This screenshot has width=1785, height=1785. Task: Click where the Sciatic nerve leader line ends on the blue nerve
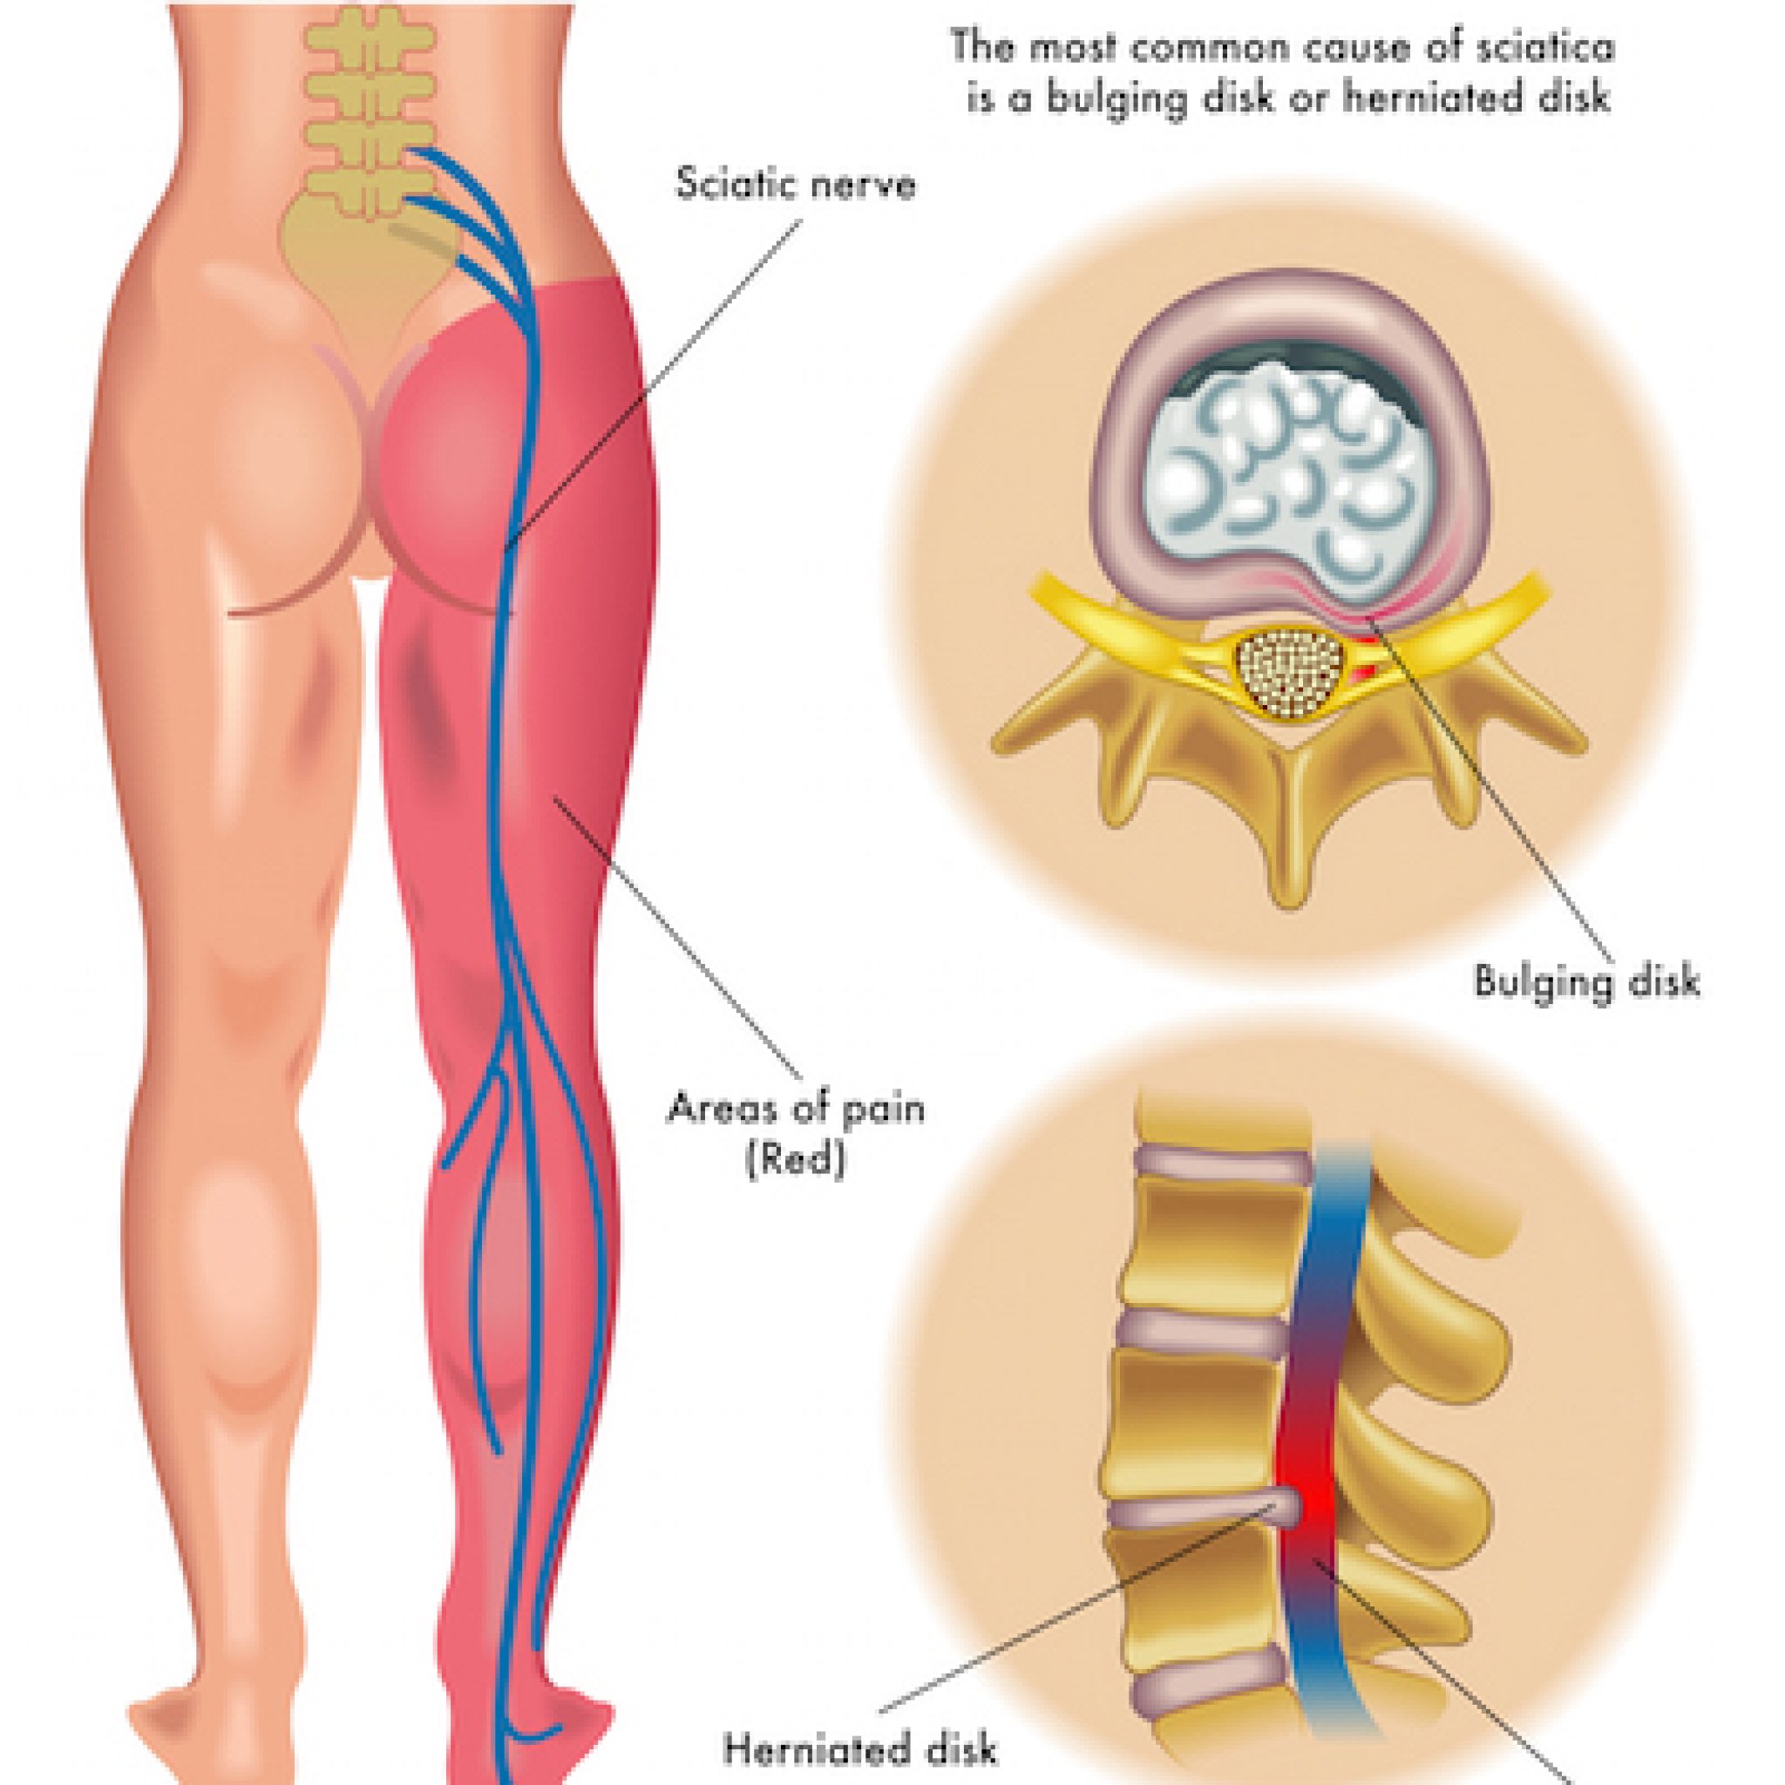tap(506, 553)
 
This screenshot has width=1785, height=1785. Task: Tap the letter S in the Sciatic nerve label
tap(687, 185)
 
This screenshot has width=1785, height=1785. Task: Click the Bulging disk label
tap(1585, 983)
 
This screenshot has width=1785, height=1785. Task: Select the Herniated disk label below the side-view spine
tap(860, 1749)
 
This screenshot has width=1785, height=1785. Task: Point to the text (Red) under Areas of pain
tap(796, 1161)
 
